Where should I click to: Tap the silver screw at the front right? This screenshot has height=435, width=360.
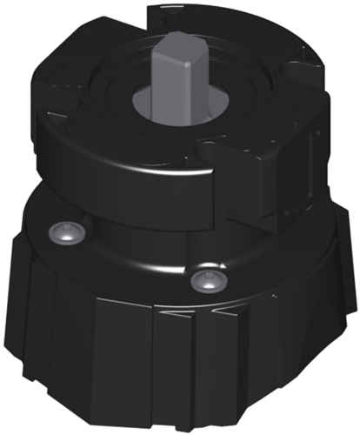click(206, 278)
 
